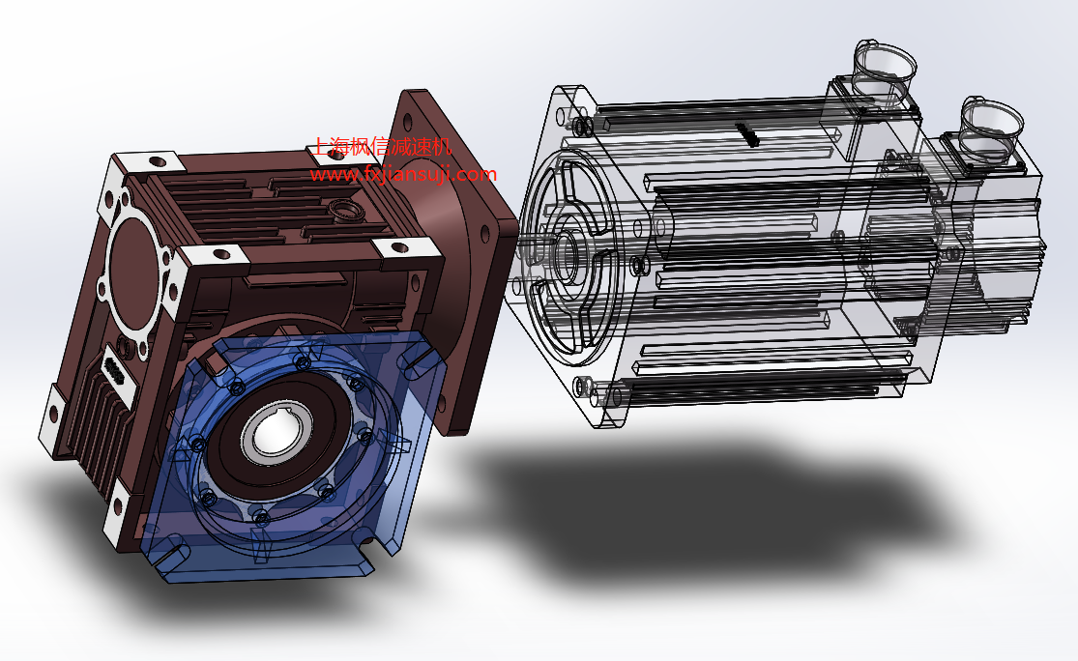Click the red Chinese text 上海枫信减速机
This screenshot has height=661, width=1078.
(x=382, y=146)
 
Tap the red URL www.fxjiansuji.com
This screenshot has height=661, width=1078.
(x=403, y=175)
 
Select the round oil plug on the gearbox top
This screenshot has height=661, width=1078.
(x=347, y=210)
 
